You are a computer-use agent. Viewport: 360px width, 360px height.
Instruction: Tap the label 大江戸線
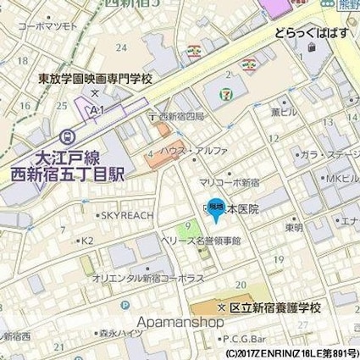(x=50, y=157)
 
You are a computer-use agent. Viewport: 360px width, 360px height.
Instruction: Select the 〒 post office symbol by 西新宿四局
(x=152, y=116)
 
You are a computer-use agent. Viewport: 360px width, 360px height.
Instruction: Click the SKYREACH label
(x=128, y=215)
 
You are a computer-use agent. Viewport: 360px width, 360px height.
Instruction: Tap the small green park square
(x=193, y=227)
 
